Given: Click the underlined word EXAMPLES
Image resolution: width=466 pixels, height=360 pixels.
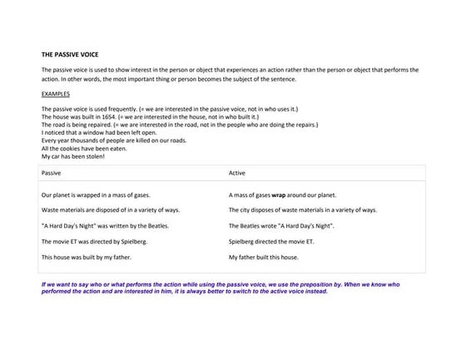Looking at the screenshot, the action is click(55, 95).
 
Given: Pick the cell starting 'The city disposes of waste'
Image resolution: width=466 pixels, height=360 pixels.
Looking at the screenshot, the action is click(303, 210).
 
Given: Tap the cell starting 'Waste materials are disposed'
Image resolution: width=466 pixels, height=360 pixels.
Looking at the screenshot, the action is click(110, 210).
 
